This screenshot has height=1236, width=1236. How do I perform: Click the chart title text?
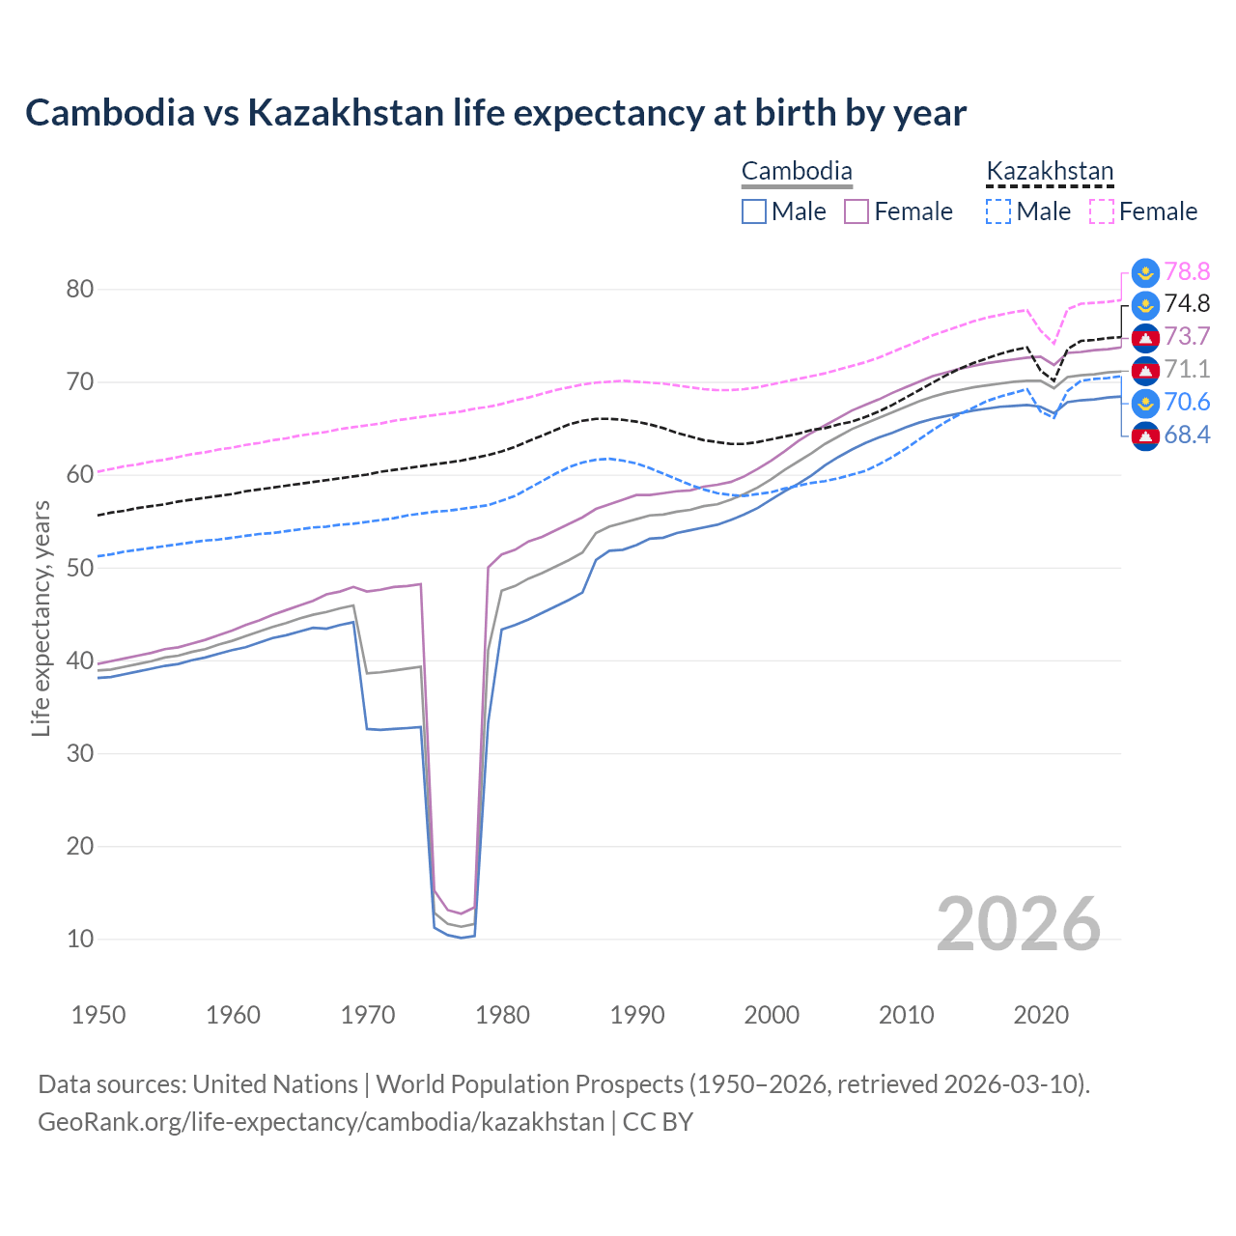pos(495,113)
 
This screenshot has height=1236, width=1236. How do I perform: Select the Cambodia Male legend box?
pos(754,211)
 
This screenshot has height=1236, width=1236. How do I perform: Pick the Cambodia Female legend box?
pos(857,211)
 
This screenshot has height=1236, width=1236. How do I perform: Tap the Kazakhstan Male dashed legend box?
pos(998,211)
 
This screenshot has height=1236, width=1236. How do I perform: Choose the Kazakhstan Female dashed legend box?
pos(1102,211)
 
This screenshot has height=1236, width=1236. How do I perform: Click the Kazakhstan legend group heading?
pos(1050,172)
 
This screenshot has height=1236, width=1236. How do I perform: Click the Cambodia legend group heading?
pos(797,172)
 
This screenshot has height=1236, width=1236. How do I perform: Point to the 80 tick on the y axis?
pos(80,289)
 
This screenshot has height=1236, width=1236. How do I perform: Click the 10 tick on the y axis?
pos(80,939)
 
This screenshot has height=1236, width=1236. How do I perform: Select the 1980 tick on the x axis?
pos(502,1015)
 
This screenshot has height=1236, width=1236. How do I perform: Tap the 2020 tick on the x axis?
pos(1041,1015)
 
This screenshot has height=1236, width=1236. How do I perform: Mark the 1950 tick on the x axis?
pos(98,1015)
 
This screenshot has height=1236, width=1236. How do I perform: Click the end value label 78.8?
pos(1187,271)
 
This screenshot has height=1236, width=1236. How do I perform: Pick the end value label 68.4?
pos(1187,435)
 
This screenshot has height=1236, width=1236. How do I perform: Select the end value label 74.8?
pos(1187,304)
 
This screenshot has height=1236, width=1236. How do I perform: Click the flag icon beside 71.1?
pos(1145,370)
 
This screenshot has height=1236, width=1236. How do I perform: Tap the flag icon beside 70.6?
pos(1145,403)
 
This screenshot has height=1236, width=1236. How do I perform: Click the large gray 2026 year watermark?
pos(1019,924)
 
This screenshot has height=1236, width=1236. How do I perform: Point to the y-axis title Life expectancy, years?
pos(41,618)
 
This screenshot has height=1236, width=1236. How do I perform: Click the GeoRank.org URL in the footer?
pos(321,1122)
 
